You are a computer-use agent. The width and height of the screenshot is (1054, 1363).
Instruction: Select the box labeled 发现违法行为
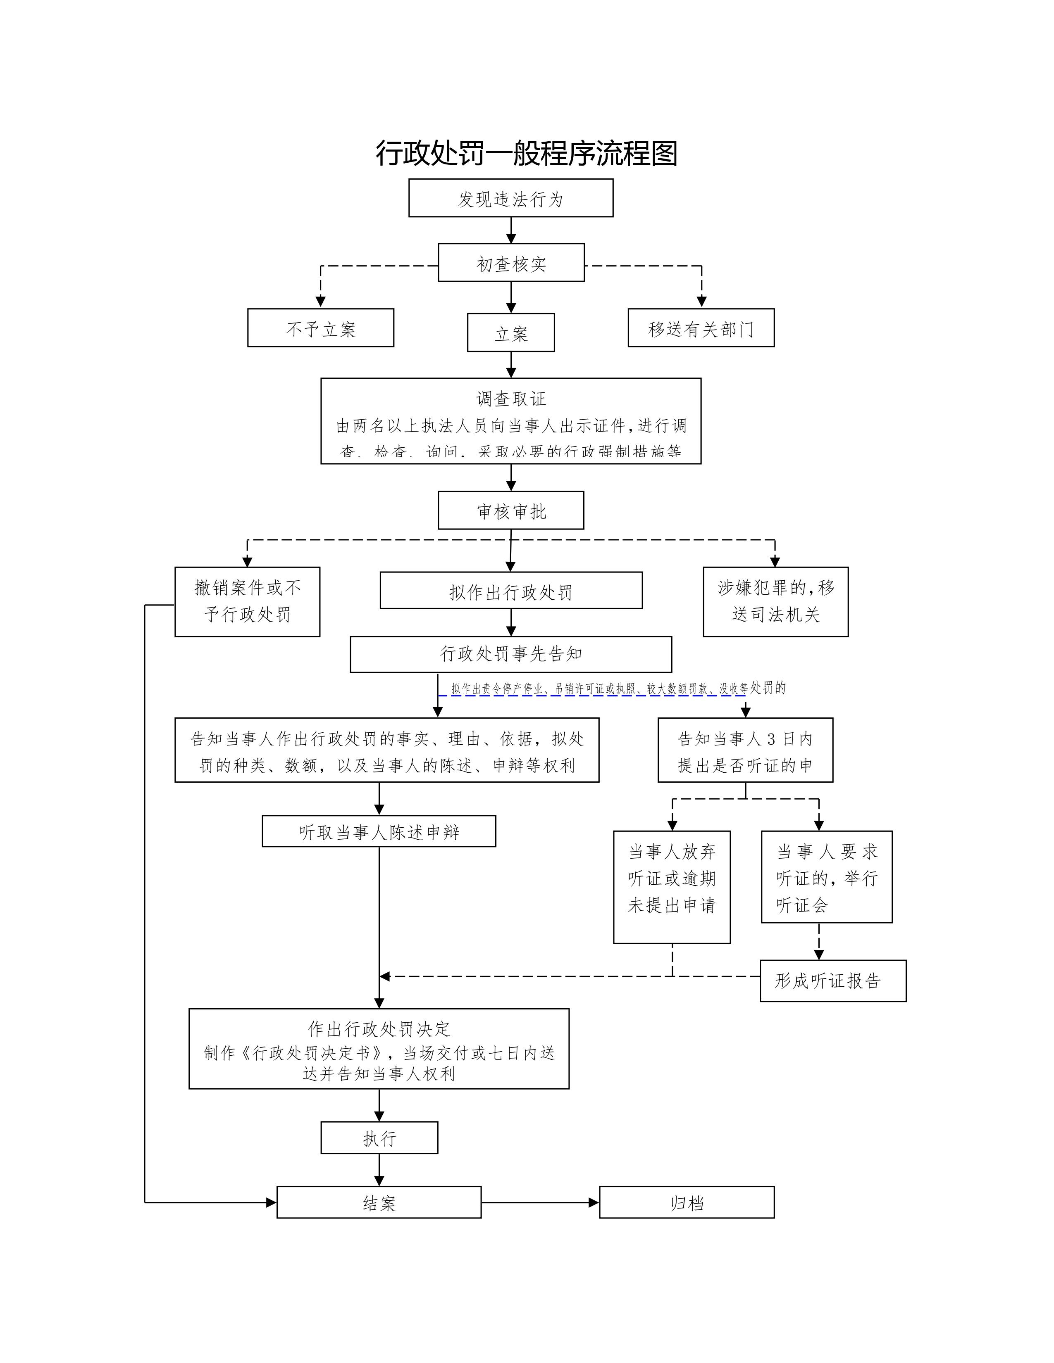(511, 198)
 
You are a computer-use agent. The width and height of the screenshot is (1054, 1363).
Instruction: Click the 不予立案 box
(320, 328)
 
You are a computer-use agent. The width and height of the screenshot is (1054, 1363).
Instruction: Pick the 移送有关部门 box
(701, 328)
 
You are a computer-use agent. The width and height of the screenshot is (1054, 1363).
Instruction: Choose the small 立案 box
(511, 333)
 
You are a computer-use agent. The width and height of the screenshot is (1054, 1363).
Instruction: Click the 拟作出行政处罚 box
(511, 591)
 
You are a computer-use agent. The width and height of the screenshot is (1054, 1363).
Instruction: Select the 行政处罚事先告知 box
(511, 654)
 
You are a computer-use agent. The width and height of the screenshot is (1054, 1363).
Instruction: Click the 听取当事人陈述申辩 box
(379, 831)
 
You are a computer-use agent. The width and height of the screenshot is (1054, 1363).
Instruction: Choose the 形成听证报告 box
(832, 981)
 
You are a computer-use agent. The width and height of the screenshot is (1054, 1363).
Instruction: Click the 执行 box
(379, 1138)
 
